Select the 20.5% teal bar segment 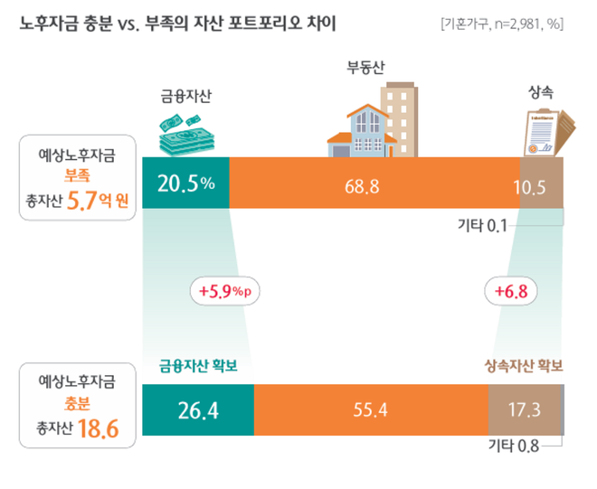coord(186,184)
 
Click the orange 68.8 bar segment coord(374,185)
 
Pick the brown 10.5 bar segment coord(541,185)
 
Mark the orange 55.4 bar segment coord(371,410)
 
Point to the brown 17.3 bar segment coord(524,410)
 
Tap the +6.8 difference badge coord(512,291)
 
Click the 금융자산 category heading coord(185,94)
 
